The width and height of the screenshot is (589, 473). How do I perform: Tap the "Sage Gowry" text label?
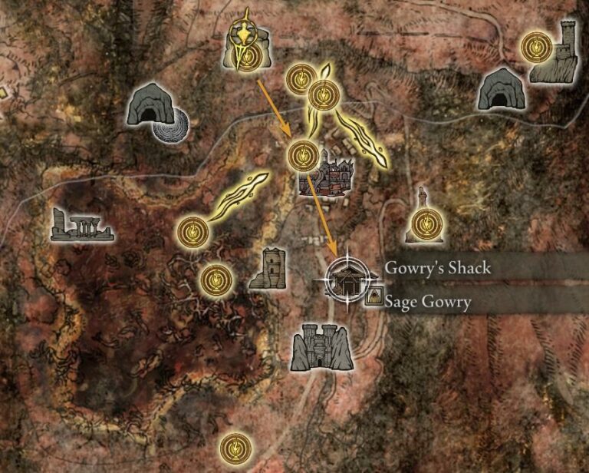[428, 302]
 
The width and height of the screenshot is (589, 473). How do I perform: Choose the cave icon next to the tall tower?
[501, 88]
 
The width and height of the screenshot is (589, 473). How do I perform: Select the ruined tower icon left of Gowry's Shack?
[269, 268]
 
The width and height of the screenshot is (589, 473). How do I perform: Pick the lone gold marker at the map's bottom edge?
[235, 446]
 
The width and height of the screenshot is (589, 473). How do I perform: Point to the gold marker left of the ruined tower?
[216, 279]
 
